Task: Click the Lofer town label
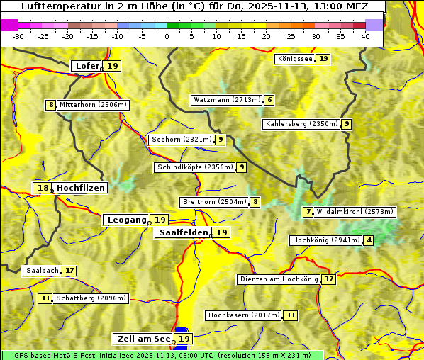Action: click(87, 66)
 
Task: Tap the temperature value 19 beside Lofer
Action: click(113, 66)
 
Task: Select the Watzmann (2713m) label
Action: click(227, 100)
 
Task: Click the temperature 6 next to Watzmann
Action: click(269, 100)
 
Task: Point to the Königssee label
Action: click(295, 59)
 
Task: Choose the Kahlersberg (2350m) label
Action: click(301, 124)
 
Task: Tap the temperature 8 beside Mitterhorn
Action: click(50, 105)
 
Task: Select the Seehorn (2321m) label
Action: click(182, 140)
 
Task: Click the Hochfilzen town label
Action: click(81, 188)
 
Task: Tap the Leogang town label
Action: click(127, 220)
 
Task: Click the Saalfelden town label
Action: click(184, 232)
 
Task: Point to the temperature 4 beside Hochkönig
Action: click(369, 240)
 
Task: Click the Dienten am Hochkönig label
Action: click(279, 279)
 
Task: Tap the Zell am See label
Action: click(143, 339)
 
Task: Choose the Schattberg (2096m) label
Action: click(91, 298)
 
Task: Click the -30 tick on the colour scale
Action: click(18, 35)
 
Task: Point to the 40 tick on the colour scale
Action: click(365, 35)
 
